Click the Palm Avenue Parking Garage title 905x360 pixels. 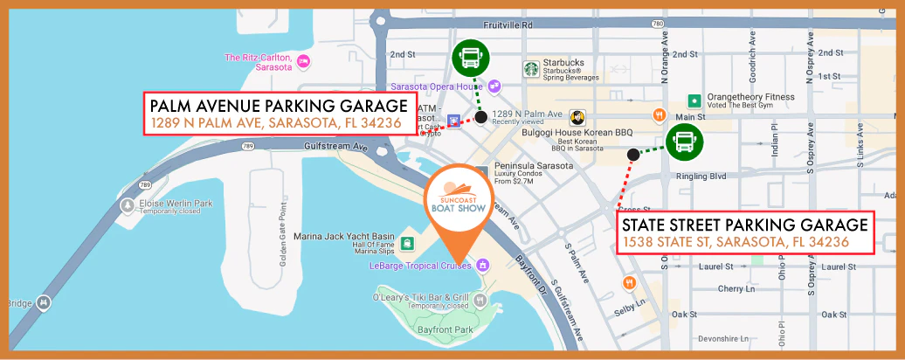[275, 105]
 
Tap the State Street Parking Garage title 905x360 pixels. [745, 224]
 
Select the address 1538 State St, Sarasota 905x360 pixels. [736, 241]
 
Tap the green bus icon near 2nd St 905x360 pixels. [471, 59]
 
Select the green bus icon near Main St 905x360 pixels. [685, 141]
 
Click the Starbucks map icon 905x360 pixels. [530, 68]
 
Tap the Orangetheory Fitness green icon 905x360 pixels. [694, 100]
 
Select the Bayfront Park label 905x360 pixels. [446, 329]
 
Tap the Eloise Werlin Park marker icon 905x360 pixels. [130, 204]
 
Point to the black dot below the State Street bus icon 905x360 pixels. [632, 155]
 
